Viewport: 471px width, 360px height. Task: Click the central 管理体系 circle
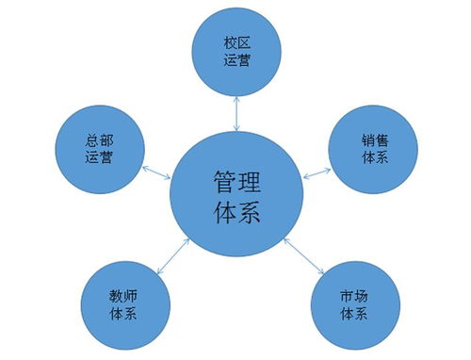click(235, 194)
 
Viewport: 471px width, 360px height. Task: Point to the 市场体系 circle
click(352, 305)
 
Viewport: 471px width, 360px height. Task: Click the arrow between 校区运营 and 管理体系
click(235, 112)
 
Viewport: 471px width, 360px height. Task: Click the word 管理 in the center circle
click(235, 179)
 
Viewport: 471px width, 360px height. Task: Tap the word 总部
click(99, 139)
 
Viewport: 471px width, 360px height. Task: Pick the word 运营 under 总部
click(99, 158)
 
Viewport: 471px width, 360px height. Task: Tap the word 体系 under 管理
click(235, 211)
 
